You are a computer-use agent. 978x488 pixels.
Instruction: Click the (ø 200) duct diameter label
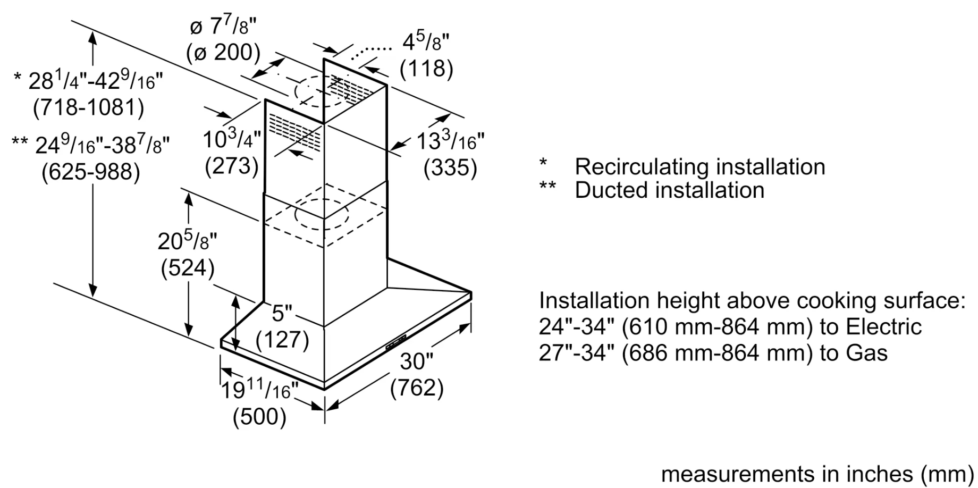223,53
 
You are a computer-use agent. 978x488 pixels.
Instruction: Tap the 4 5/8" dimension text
426,42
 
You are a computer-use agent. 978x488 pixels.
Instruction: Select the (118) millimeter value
426,69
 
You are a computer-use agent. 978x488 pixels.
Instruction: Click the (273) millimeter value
232,166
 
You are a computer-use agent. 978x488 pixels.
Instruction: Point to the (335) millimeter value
450,168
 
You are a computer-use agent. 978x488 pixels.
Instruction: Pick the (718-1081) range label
88,108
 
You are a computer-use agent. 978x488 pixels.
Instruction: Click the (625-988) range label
91,172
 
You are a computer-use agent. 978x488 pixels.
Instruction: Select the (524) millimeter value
188,268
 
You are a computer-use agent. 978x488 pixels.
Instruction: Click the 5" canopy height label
282,313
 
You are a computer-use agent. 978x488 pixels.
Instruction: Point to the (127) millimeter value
282,339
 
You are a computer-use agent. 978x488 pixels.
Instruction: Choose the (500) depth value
259,416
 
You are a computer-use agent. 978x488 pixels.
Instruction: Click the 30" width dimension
416,362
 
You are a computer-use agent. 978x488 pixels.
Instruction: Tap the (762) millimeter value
417,388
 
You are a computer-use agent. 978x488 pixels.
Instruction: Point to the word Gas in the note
868,353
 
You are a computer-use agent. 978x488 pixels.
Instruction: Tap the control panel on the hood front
396,342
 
